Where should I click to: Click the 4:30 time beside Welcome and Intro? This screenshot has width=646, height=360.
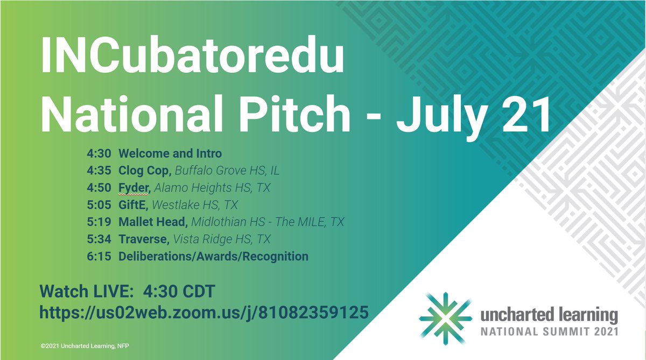point(98,154)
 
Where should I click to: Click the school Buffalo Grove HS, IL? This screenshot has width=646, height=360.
point(227,171)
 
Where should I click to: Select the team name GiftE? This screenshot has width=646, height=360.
point(135,205)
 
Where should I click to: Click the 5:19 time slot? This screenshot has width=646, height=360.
point(98,222)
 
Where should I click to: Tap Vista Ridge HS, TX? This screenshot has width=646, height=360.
point(220,239)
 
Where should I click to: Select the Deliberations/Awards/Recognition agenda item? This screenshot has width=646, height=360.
point(213,256)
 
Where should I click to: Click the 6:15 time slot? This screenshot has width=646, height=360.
point(98,256)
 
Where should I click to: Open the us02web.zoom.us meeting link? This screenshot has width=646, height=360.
point(204,312)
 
